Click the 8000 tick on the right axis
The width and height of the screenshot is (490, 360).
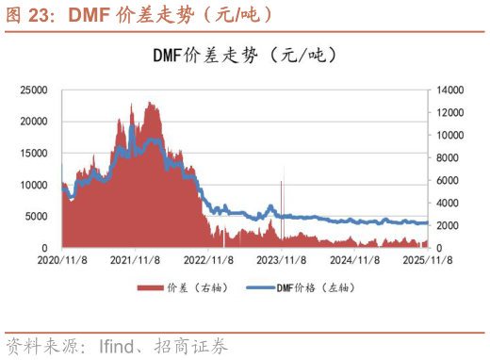tap(443, 157)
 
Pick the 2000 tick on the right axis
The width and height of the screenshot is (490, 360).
tap(443, 225)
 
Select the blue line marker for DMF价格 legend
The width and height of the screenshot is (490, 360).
tap(261, 287)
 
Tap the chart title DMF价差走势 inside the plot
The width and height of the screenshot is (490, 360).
tap(209, 56)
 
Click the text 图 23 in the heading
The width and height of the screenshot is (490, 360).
tap(29, 15)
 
